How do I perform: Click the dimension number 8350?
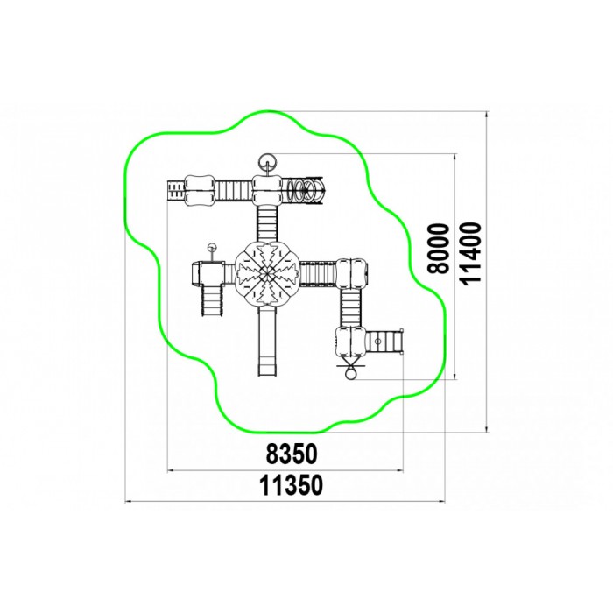(292, 454)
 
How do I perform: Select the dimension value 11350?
(292, 485)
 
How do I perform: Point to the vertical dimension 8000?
(438, 249)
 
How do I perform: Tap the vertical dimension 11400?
(470, 253)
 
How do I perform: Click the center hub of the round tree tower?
(267, 273)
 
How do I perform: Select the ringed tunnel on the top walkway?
(304, 190)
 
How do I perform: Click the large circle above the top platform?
(267, 161)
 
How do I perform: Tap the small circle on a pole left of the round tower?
(212, 248)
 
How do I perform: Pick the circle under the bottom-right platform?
(350, 375)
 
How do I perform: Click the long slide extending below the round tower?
(268, 341)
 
